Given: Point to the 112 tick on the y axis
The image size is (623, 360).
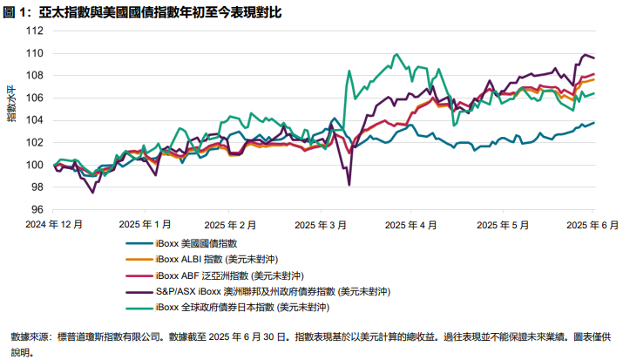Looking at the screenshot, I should coord(36,31).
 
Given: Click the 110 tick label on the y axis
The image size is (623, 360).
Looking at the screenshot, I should coord(36,53).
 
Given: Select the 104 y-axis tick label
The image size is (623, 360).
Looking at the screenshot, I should coord(36,120).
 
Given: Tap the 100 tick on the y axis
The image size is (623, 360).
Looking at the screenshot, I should coord(36,165).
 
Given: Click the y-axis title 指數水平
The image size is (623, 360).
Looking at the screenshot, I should coord(11,101).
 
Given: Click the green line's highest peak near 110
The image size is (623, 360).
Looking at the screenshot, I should coord(396,54).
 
